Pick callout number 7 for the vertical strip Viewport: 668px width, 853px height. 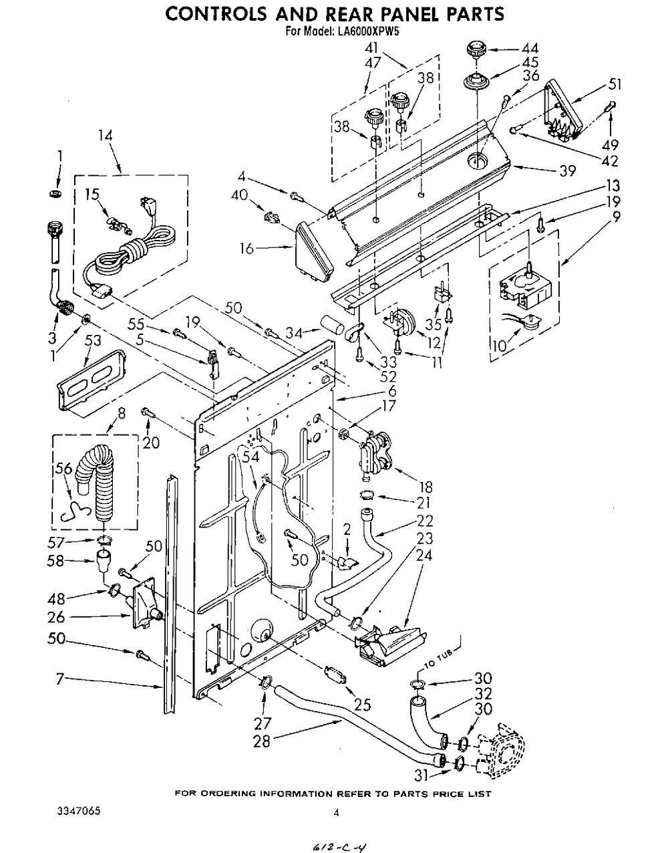coord(59,679)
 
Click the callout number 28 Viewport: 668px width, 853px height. coord(263,741)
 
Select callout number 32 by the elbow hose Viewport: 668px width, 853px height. coord(502,694)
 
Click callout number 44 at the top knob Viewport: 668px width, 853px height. coord(530,48)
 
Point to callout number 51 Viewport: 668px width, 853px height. coord(615,84)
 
